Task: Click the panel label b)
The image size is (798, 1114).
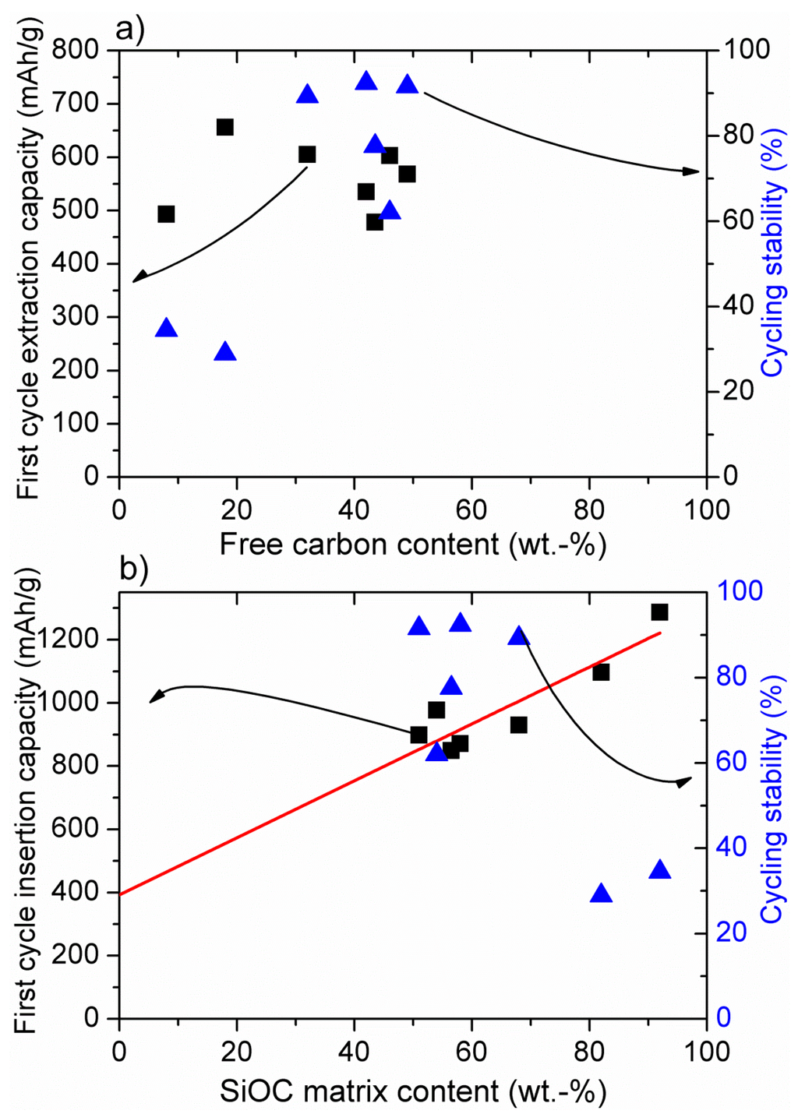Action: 133,569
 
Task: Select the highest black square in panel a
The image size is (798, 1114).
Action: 225,127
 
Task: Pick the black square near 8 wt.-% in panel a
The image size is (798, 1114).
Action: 166,214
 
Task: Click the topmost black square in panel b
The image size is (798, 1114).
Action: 659,612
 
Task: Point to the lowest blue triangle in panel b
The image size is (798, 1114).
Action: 601,894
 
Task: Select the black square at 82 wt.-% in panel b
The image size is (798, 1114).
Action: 601,672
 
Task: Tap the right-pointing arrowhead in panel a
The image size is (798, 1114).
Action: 690,171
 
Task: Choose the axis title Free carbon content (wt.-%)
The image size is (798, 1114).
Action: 412,544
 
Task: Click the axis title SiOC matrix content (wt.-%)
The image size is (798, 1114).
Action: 412,1091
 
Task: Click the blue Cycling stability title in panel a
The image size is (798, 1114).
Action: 773,269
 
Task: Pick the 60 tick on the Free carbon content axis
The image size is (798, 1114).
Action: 471,510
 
